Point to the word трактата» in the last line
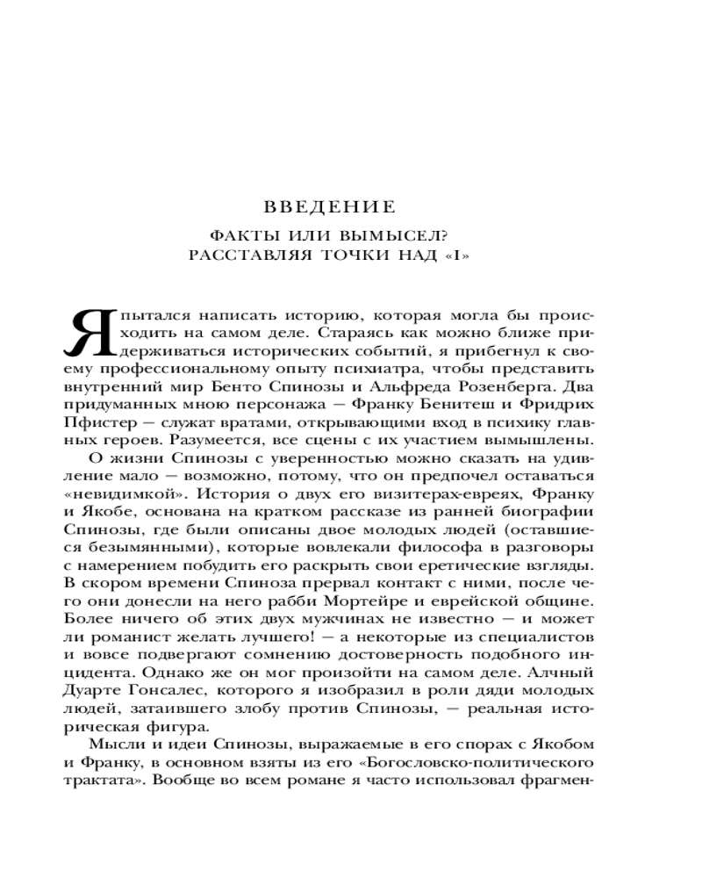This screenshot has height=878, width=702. [x=104, y=780]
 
